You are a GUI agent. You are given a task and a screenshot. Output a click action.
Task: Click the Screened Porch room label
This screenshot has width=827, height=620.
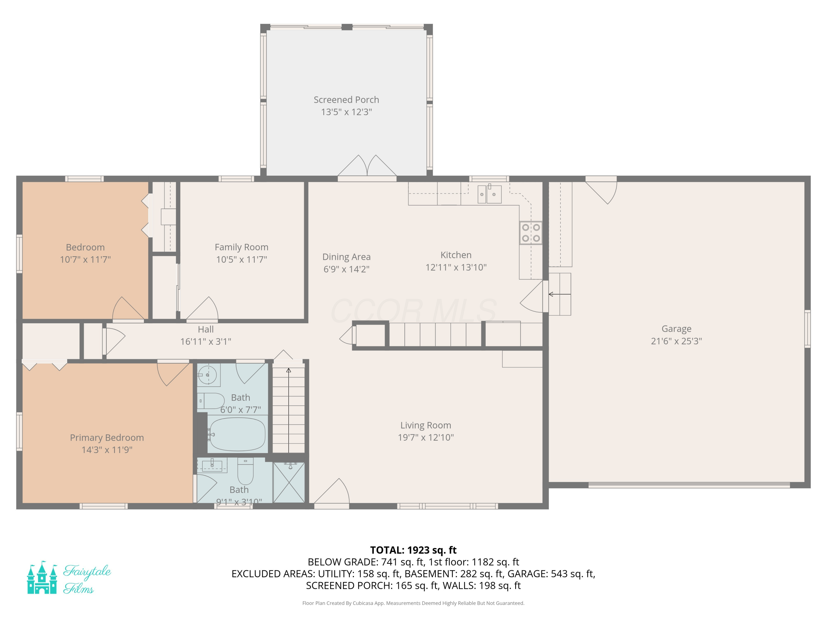click(x=346, y=100)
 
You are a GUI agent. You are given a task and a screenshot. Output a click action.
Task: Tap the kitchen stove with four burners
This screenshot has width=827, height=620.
click(x=531, y=233)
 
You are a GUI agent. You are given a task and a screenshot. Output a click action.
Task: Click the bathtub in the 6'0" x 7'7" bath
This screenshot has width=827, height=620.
click(x=237, y=434)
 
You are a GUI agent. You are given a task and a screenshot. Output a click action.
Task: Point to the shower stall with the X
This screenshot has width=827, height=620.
click(x=289, y=482)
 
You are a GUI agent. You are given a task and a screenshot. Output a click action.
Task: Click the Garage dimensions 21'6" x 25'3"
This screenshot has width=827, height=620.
click(x=676, y=341)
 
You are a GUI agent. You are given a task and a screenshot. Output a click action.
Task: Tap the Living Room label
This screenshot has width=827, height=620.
click(x=425, y=425)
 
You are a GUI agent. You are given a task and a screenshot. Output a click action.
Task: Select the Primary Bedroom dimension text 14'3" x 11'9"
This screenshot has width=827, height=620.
click(x=107, y=450)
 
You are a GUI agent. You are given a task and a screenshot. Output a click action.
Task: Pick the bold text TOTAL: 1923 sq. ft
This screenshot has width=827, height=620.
click(x=413, y=550)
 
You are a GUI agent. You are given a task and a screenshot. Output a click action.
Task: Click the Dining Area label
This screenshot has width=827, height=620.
click(x=346, y=257)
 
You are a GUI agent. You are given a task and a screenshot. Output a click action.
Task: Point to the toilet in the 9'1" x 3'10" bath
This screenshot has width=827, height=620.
click(x=246, y=472)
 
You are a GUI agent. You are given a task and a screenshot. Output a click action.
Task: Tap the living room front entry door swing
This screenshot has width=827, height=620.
click(x=333, y=493)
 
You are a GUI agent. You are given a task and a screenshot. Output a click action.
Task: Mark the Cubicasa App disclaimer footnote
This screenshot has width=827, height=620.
click(x=413, y=603)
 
